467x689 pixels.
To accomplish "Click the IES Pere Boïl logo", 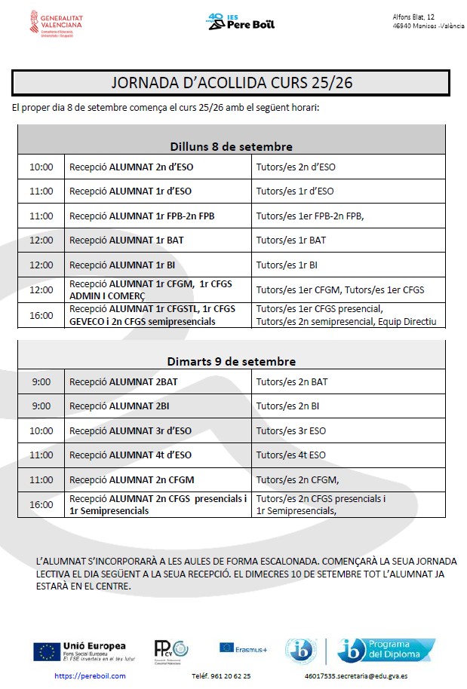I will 241,21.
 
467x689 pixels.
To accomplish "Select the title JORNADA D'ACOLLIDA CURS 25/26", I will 232,83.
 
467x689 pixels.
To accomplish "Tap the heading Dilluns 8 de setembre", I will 231,146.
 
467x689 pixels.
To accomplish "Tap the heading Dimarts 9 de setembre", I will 231,361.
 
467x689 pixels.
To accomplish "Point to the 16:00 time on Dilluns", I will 41,315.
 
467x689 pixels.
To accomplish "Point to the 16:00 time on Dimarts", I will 41,504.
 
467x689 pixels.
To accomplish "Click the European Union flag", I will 47,650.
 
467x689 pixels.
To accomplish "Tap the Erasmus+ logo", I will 243,647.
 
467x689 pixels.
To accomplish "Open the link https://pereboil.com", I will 90,676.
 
